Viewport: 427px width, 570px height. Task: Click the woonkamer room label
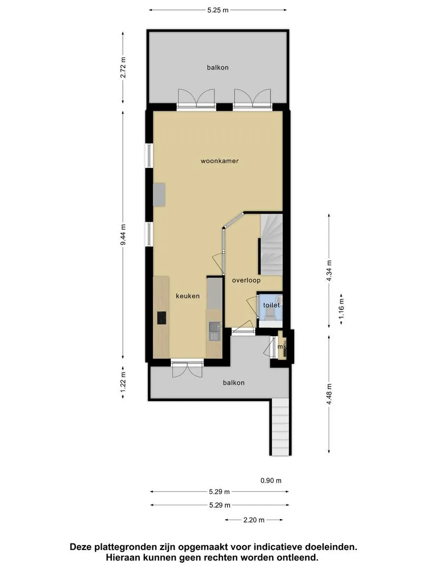(x=219, y=160)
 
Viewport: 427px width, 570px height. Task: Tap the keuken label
(x=188, y=296)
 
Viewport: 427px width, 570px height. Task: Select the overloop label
(x=246, y=280)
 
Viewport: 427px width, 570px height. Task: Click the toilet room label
(x=271, y=305)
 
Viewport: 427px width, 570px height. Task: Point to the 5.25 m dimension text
(x=218, y=10)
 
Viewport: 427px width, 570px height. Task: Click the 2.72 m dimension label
(x=123, y=67)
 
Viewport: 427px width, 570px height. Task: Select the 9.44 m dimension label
(x=123, y=234)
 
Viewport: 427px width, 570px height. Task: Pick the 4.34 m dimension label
(x=329, y=271)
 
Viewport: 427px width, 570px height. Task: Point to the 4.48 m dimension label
(x=329, y=394)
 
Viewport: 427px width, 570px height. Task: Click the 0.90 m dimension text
(x=271, y=481)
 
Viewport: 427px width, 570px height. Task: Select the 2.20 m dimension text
(x=254, y=520)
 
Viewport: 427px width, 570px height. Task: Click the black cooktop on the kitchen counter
(x=162, y=318)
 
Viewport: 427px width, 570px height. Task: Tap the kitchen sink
(x=214, y=331)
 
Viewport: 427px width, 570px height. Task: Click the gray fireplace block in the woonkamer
(x=159, y=194)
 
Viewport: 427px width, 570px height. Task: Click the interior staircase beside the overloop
(x=271, y=244)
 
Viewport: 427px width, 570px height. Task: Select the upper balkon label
(x=218, y=67)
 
